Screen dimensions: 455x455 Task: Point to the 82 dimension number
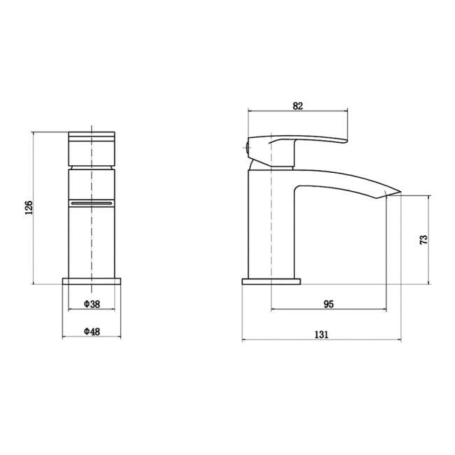click(x=297, y=106)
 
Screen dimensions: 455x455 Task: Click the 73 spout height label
click(x=423, y=240)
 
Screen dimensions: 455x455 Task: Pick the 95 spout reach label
click(x=328, y=304)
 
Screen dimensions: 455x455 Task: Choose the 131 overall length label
click(x=321, y=335)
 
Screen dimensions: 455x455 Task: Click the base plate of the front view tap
click(x=92, y=281)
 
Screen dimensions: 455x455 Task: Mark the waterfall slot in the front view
click(x=92, y=202)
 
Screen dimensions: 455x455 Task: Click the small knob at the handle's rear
click(x=246, y=148)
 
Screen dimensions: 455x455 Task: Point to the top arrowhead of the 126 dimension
click(x=34, y=132)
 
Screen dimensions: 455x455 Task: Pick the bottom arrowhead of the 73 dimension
click(x=428, y=283)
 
